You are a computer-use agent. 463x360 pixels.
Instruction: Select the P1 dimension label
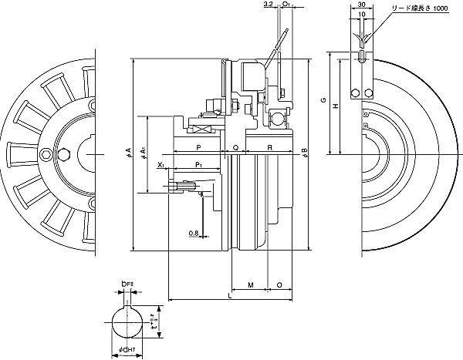[198, 165]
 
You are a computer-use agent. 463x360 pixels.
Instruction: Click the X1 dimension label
[160, 165]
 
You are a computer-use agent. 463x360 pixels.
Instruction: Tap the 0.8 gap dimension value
[193, 232]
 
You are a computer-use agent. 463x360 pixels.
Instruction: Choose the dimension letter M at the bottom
[252, 284]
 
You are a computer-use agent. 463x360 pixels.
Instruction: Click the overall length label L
[230, 296]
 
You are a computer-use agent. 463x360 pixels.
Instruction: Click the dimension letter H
[334, 108]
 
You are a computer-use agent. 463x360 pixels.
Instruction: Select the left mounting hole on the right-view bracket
[355, 94]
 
